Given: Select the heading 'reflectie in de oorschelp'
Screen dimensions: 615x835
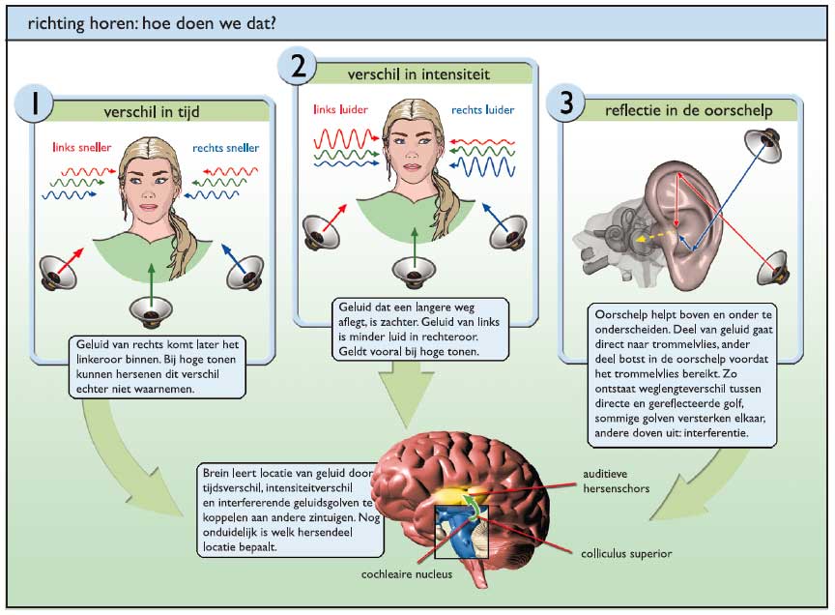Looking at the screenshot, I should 688,110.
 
